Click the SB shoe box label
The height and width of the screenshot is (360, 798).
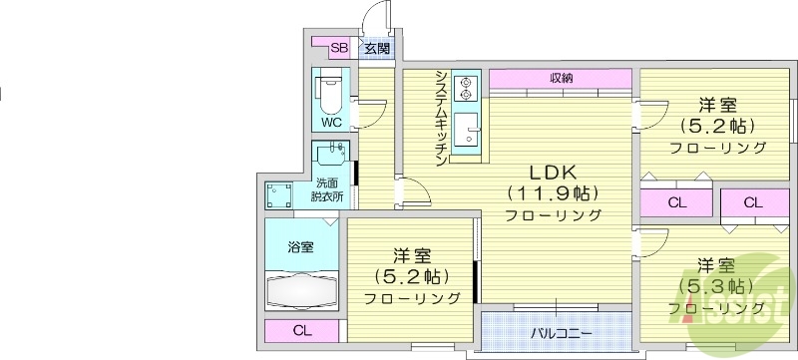(338, 47)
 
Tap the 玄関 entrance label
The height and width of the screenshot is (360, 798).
(375, 47)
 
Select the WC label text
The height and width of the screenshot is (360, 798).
(331, 121)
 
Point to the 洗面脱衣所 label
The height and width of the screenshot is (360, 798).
(329, 189)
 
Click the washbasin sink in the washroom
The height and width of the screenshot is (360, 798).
(332, 157)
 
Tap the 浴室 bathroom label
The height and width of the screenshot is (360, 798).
(300, 246)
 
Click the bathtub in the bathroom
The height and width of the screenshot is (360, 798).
(302, 292)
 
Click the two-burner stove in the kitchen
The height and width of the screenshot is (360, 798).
(465, 88)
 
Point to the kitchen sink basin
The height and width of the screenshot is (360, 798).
(465, 129)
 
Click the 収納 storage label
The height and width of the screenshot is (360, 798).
(561, 78)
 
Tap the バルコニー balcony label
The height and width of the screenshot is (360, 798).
(561, 332)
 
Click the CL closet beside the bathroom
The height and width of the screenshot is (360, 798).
(300, 331)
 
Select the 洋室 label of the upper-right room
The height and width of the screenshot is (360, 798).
(717, 104)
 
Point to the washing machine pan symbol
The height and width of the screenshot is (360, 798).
(279, 194)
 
